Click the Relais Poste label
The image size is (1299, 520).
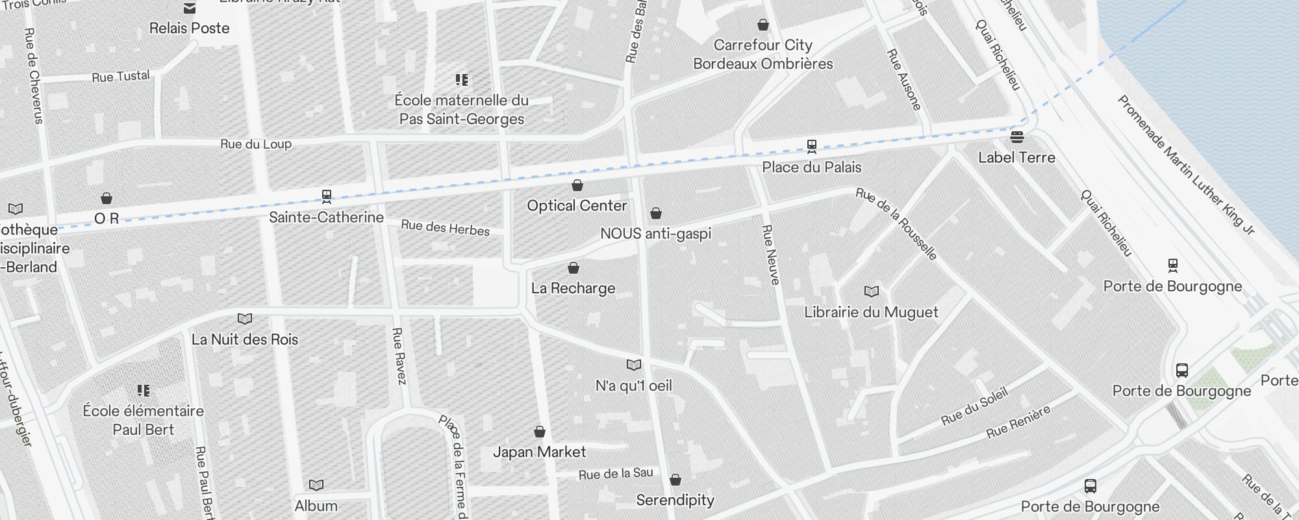[189, 28]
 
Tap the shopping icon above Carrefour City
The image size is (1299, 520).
[763, 25]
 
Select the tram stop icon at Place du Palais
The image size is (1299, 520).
[811, 146]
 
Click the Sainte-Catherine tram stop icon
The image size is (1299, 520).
[327, 196]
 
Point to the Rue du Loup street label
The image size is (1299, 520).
[256, 144]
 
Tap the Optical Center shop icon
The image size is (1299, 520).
[577, 186]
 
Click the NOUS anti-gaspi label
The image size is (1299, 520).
[655, 233]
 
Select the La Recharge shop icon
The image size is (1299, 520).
[574, 268]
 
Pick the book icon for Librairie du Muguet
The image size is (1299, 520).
[871, 292]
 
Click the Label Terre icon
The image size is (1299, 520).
[1017, 137]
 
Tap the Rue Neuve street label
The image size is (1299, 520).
[770, 255]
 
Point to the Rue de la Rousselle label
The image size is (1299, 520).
[897, 224]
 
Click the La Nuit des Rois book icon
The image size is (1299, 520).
[245, 319]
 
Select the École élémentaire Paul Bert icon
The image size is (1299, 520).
[144, 391]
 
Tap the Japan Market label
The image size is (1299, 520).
[539, 452]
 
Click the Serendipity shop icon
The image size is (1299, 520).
[675, 480]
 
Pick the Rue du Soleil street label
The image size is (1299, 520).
[974, 406]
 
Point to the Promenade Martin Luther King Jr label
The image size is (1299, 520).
[1185, 164]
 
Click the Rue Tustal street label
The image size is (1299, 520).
[121, 77]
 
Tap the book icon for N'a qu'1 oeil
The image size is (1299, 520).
[634, 365]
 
